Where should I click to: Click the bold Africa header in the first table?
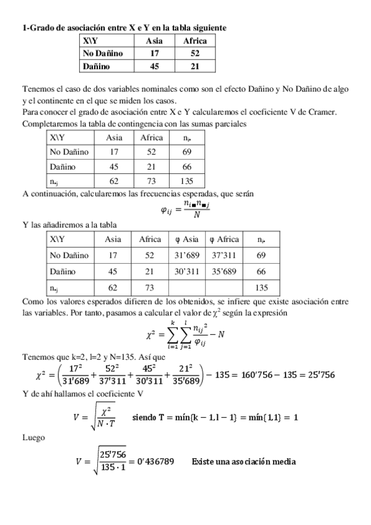click(x=195, y=41)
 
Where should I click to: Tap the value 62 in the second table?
click(x=114, y=181)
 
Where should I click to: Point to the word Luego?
click(x=33, y=437)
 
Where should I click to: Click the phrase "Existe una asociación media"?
click(x=244, y=461)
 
